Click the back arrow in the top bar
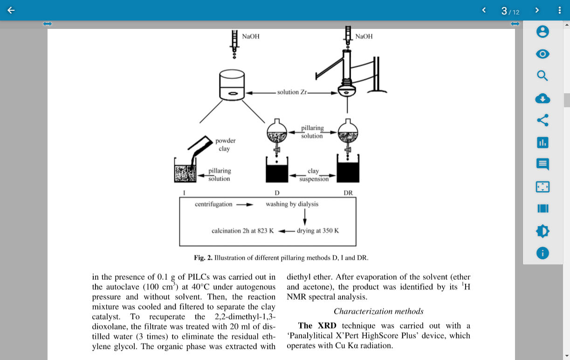(11, 10)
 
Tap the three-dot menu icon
(560, 10)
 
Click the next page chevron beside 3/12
(537, 10)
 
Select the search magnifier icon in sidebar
(543, 76)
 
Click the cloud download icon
(543, 98)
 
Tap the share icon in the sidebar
(543, 120)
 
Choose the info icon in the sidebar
(543, 253)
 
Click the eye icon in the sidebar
(543, 54)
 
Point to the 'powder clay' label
(225, 145)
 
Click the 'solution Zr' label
(292, 92)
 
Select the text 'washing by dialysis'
(292, 204)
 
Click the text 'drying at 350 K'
(318, 231)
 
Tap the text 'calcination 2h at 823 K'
(242, 231)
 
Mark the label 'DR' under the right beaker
(348, 193)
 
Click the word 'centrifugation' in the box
(213, 204)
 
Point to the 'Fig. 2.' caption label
(203, 258)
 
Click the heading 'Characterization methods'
(378, 312)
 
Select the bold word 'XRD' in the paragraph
(327, 325)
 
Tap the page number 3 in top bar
(504, 11)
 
